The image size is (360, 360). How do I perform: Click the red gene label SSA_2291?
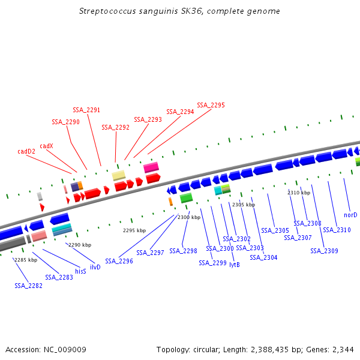tap(86, 110)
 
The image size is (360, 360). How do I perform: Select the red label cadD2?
tap(26, 151)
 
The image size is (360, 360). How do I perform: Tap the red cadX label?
tap(46, 146)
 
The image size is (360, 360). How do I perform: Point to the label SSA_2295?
tap(211, 105)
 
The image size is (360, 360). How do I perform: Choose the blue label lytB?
tap(235, 264)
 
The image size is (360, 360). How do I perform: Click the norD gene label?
tap(350, 215)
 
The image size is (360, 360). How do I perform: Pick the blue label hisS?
tap(80, 271)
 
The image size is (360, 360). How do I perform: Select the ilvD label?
tap(95, 266)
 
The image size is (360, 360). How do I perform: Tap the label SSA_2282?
tap(28, 286)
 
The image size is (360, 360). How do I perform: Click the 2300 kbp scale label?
tap(189, 217)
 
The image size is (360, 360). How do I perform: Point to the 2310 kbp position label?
tap(299, 193)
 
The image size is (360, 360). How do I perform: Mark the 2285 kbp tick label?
tap(26, 260)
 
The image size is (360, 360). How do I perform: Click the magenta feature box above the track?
tap(151, 167)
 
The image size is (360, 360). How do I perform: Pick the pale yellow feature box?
tap(119, 175)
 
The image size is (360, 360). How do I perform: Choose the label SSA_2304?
tap(263, 257)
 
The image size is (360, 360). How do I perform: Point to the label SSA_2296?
tap(119, 261)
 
